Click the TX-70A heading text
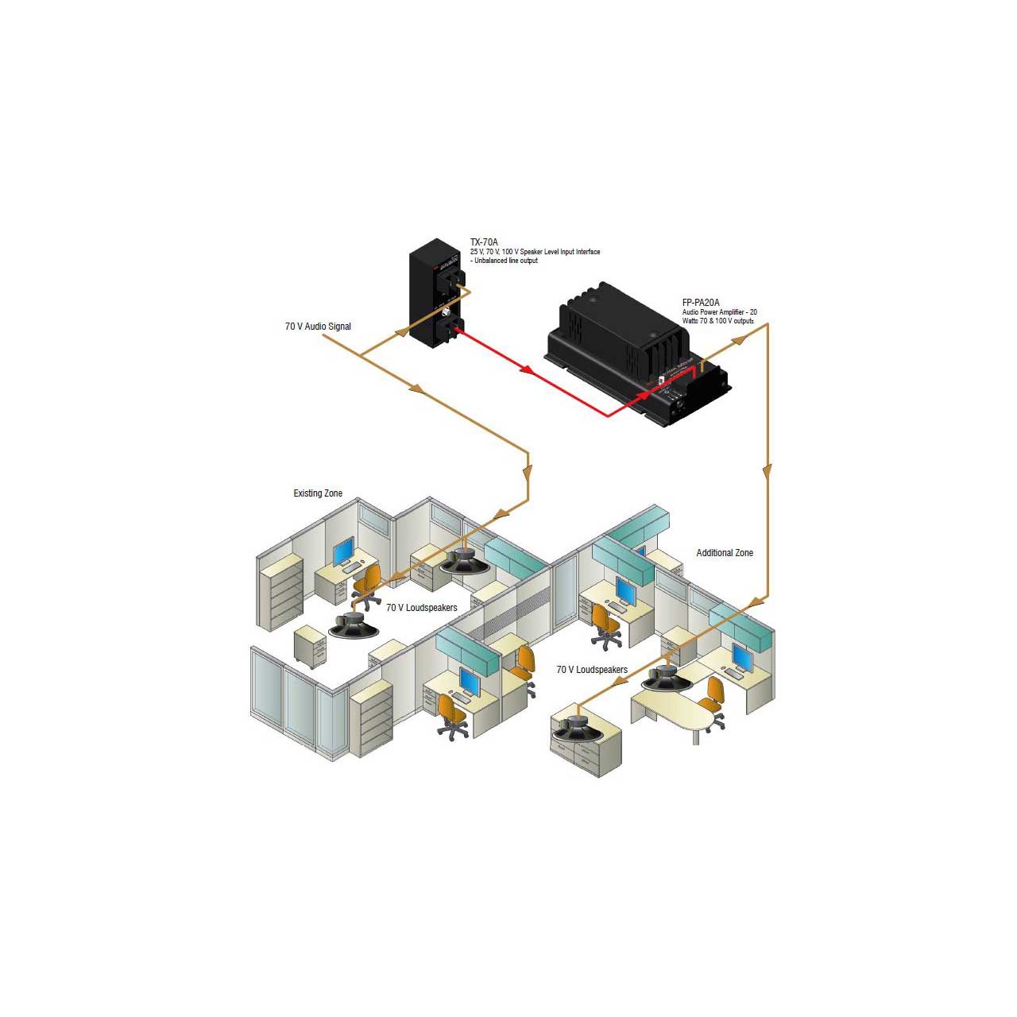tap(484, 242)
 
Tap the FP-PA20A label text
tap(701, 303)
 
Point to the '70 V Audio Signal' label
tap(318, 327)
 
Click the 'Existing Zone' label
tap(318, 493)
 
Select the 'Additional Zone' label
tap(725, 553)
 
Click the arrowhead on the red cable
tap(525, 369)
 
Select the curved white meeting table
tap(674, 710)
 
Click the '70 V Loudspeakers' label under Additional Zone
tap(592, 670)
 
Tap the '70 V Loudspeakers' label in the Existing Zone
tap(422, 608)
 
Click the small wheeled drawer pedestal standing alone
tap(310, 644)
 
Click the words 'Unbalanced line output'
tap(506, 261)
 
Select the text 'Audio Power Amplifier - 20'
tap(719, 312)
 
